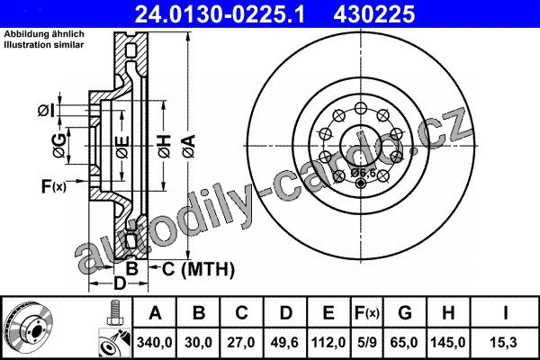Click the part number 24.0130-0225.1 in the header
coord(220,14)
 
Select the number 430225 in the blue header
coord(374,14)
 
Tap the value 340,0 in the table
coord(155,342)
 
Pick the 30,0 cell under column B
coord(198,342)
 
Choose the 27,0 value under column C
coord(241,342)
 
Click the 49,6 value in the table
coord(284,342)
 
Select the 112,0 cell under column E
coord(328,342)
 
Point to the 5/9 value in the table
coord(366,342)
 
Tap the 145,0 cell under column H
coord(448,342)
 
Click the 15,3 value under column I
coord(504,342)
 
